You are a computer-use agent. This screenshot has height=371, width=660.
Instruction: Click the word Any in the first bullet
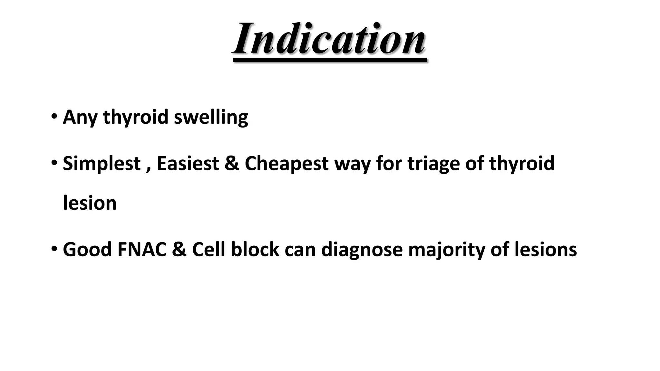pos(80,117)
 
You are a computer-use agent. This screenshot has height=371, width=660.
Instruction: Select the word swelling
pos(211,117)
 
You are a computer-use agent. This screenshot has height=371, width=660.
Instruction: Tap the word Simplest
pos(102,164)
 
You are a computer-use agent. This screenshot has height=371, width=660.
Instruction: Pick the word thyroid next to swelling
pos(136,117)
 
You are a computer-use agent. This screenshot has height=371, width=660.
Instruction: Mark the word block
pos(255,250)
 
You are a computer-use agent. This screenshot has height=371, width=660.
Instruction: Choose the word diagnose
pos(362,250)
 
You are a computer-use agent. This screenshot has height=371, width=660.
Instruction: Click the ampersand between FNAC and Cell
pos(179,250)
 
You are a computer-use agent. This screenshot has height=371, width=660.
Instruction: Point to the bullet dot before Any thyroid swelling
pos(54,116)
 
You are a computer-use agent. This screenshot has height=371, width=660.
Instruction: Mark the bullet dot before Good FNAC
pos(54,249)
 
